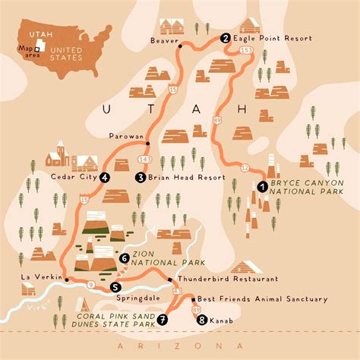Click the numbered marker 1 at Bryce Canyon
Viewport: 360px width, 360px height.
tap(261, 185)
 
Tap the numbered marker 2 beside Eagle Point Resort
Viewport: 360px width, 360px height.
tap(225, 37)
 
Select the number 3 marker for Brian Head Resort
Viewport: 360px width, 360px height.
tap(141, 177)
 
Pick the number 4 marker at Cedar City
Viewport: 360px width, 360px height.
tap(104, 177)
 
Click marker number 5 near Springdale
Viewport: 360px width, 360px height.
tap(115, 287)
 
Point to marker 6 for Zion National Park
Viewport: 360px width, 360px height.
tap(124, 258)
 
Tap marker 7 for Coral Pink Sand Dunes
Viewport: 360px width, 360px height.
tap(163, 320)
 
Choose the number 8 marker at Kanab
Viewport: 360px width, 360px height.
tap(201, 320)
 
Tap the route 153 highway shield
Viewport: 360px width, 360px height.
tap(245, 51)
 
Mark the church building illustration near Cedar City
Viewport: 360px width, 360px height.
tap(56, 157)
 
